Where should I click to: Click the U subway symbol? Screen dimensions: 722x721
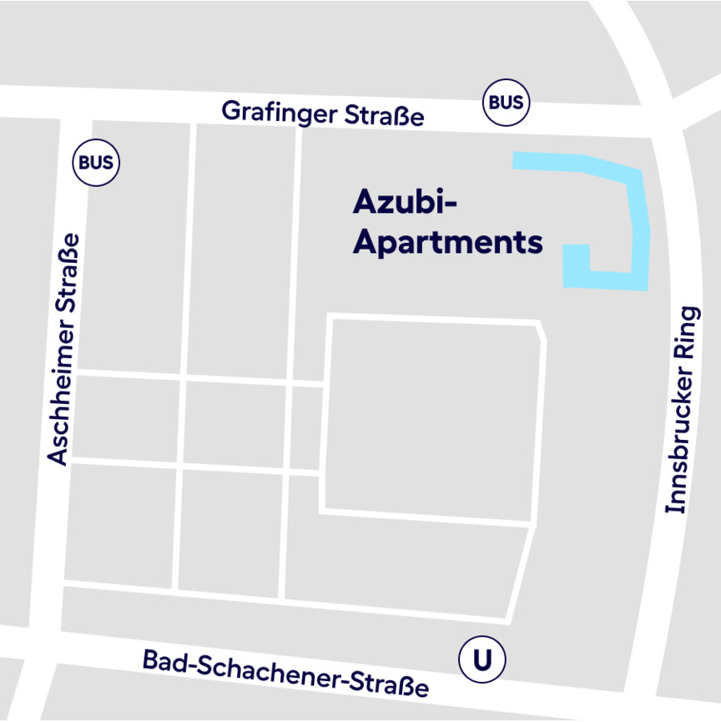[482, 660]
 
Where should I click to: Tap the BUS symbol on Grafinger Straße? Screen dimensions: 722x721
[507, 103]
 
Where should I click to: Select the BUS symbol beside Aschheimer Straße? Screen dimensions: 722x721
[97, 163]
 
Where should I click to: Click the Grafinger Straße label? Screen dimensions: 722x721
[322, 114]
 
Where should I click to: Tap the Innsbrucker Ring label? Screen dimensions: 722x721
[681, 409]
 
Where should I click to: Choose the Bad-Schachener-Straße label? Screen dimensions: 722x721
[285, 673]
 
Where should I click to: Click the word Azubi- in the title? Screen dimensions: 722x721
[407, 203]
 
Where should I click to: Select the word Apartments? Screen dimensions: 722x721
[447, 243]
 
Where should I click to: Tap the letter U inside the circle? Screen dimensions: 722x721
[482, 660]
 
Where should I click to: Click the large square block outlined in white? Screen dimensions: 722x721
[432, 417]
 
